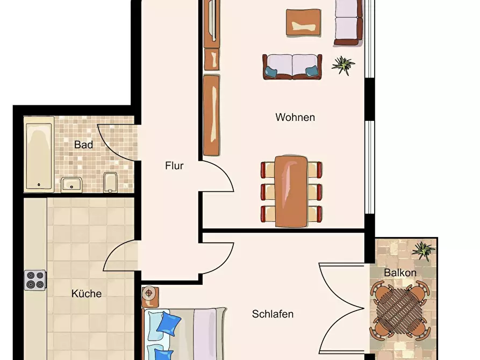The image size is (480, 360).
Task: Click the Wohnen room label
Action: (295, 117)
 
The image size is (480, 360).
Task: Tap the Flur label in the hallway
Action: (174, 165)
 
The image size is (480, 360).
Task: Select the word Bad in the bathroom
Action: (83, 145)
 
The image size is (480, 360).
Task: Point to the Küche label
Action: (87, 293)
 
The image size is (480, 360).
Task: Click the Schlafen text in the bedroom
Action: (273, 314)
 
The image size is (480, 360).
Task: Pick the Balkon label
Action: (400, 272)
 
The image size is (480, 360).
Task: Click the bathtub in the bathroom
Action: (39, 155)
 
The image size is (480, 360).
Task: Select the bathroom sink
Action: (71, 185)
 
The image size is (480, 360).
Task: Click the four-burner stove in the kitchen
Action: (35, 280)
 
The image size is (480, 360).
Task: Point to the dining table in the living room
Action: (291, 191)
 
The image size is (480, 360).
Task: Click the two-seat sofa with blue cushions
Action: (292, 67)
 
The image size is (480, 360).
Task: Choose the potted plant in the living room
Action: (343, 65)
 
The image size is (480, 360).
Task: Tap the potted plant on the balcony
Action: (424, 251)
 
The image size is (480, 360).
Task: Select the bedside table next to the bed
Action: (150, 297)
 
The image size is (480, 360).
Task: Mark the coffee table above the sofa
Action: (303, 23)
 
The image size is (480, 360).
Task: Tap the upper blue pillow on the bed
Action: (169, 323)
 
